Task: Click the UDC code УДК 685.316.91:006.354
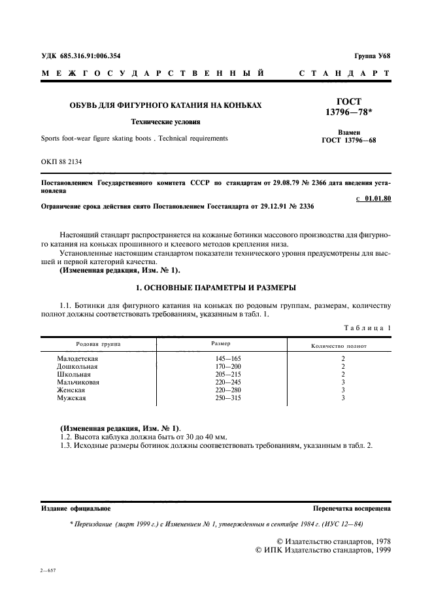[81, 57]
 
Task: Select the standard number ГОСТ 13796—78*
[348, 107]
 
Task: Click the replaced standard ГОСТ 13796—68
[349, 140]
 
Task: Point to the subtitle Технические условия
[165, 122]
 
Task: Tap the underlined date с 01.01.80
[373, 199]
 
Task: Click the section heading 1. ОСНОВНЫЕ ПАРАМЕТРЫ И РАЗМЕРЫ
[216, 287]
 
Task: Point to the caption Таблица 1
[367, 328]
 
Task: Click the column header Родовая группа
[99, 343]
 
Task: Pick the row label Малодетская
[77, 359]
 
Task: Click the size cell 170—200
[228, 367]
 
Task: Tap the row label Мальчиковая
[78, 382]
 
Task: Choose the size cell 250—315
[228, 398]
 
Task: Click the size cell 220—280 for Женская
[228, 390]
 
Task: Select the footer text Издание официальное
[76, 507]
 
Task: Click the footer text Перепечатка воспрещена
[352, 507]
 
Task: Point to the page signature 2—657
[48, 571]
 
